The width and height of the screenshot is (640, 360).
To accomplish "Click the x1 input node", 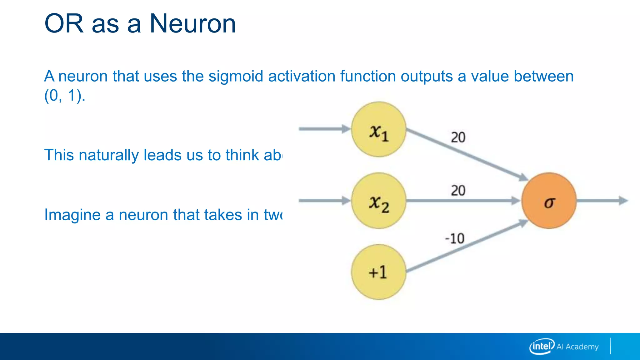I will coord(379,129).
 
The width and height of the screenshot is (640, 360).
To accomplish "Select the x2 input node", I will coord(379,201).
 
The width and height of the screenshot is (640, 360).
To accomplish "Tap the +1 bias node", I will coord(379,272).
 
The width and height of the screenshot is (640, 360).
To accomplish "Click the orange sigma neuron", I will coord(549,201).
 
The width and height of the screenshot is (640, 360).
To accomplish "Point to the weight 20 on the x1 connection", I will coord(458,137).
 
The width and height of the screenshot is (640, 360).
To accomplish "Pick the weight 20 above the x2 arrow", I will coord(458,191).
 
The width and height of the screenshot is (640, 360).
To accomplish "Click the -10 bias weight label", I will coord(455,239).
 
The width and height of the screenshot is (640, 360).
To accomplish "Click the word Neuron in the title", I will coord(192,24).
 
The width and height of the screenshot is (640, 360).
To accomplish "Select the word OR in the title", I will coord(64,24).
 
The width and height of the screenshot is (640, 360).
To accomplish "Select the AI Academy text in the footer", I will coord(577,347).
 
